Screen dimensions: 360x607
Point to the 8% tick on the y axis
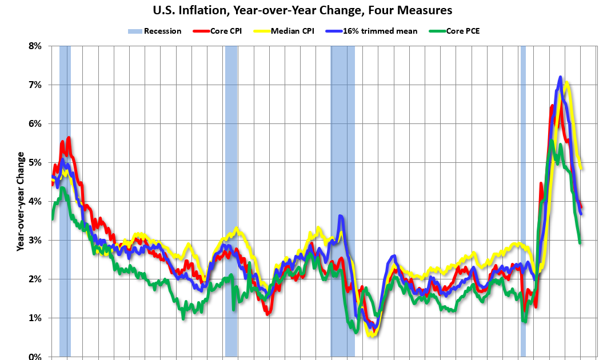35,46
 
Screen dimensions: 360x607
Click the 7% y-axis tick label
35,85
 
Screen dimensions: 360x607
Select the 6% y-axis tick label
35,123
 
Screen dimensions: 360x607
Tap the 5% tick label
35,162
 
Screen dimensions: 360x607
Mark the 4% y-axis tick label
35,201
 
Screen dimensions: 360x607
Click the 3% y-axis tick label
35,240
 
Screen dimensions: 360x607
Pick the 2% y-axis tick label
35,279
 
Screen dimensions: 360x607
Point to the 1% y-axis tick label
35,318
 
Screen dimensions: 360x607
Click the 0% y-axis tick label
35,356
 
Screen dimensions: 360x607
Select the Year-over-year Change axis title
21,201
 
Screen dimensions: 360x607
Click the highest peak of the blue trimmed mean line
560,77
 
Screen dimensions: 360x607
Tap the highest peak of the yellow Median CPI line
567,83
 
